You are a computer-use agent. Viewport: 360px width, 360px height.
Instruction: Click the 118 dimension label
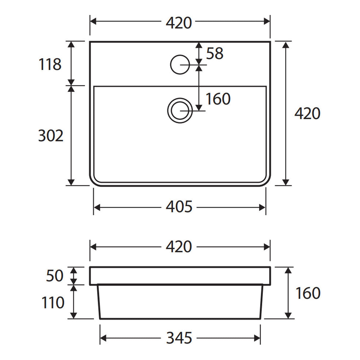(x=50, y=64)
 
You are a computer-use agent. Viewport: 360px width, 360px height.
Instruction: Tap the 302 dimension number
(x=51, y=136)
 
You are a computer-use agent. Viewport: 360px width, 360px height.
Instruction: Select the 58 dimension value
(x=215, y=53)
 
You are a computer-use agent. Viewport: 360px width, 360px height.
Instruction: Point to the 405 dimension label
(x=179, y=207)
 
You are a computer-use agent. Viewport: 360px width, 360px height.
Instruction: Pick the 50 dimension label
(x=55, y=276)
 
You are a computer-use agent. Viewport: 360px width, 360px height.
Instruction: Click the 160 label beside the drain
(x=218, y=99)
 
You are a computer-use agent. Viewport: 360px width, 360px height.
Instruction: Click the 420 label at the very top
(x=179, y=23)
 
